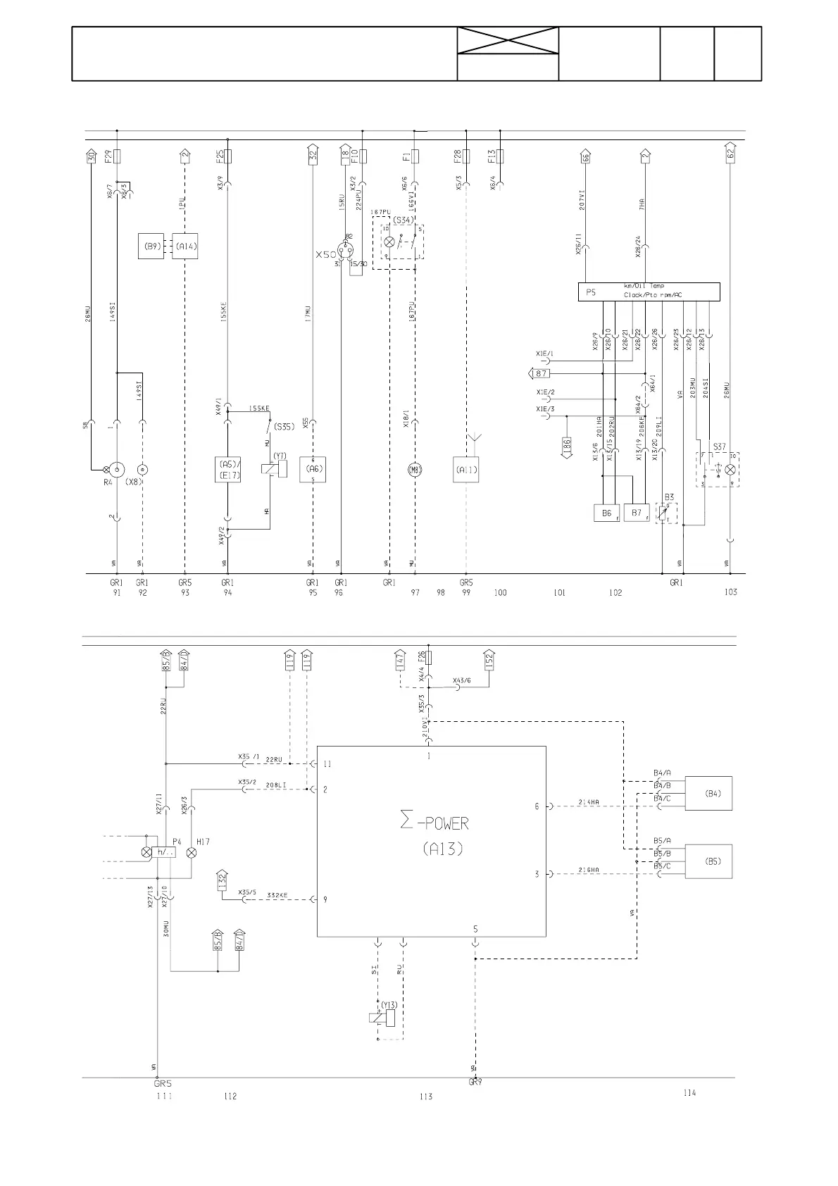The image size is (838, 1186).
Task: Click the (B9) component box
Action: (x=151, y=246)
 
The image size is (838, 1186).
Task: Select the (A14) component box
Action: (x=185, y=246)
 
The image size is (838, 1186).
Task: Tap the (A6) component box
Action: (x=313, y=470)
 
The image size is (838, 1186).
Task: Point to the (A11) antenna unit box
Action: (x=465, y=470)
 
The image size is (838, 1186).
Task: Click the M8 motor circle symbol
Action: (x=415, y=470)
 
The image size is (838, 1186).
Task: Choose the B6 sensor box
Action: (x=606, y=513)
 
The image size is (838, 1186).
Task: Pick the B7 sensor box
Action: (x=637, y=513)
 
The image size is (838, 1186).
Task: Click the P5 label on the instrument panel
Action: (x=592, y=292)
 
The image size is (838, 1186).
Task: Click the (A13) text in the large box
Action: (x=443, y=849)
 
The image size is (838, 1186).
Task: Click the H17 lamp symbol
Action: (x=192, y=852)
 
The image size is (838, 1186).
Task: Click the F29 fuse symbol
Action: (x=117, y=156)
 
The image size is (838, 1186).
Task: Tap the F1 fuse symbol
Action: (x=415, y=156)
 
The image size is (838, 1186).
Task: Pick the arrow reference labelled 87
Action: (x=540, y=373)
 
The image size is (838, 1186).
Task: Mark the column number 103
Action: (x=730, y=592)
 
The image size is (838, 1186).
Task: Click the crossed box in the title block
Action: (x=508, y=41)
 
